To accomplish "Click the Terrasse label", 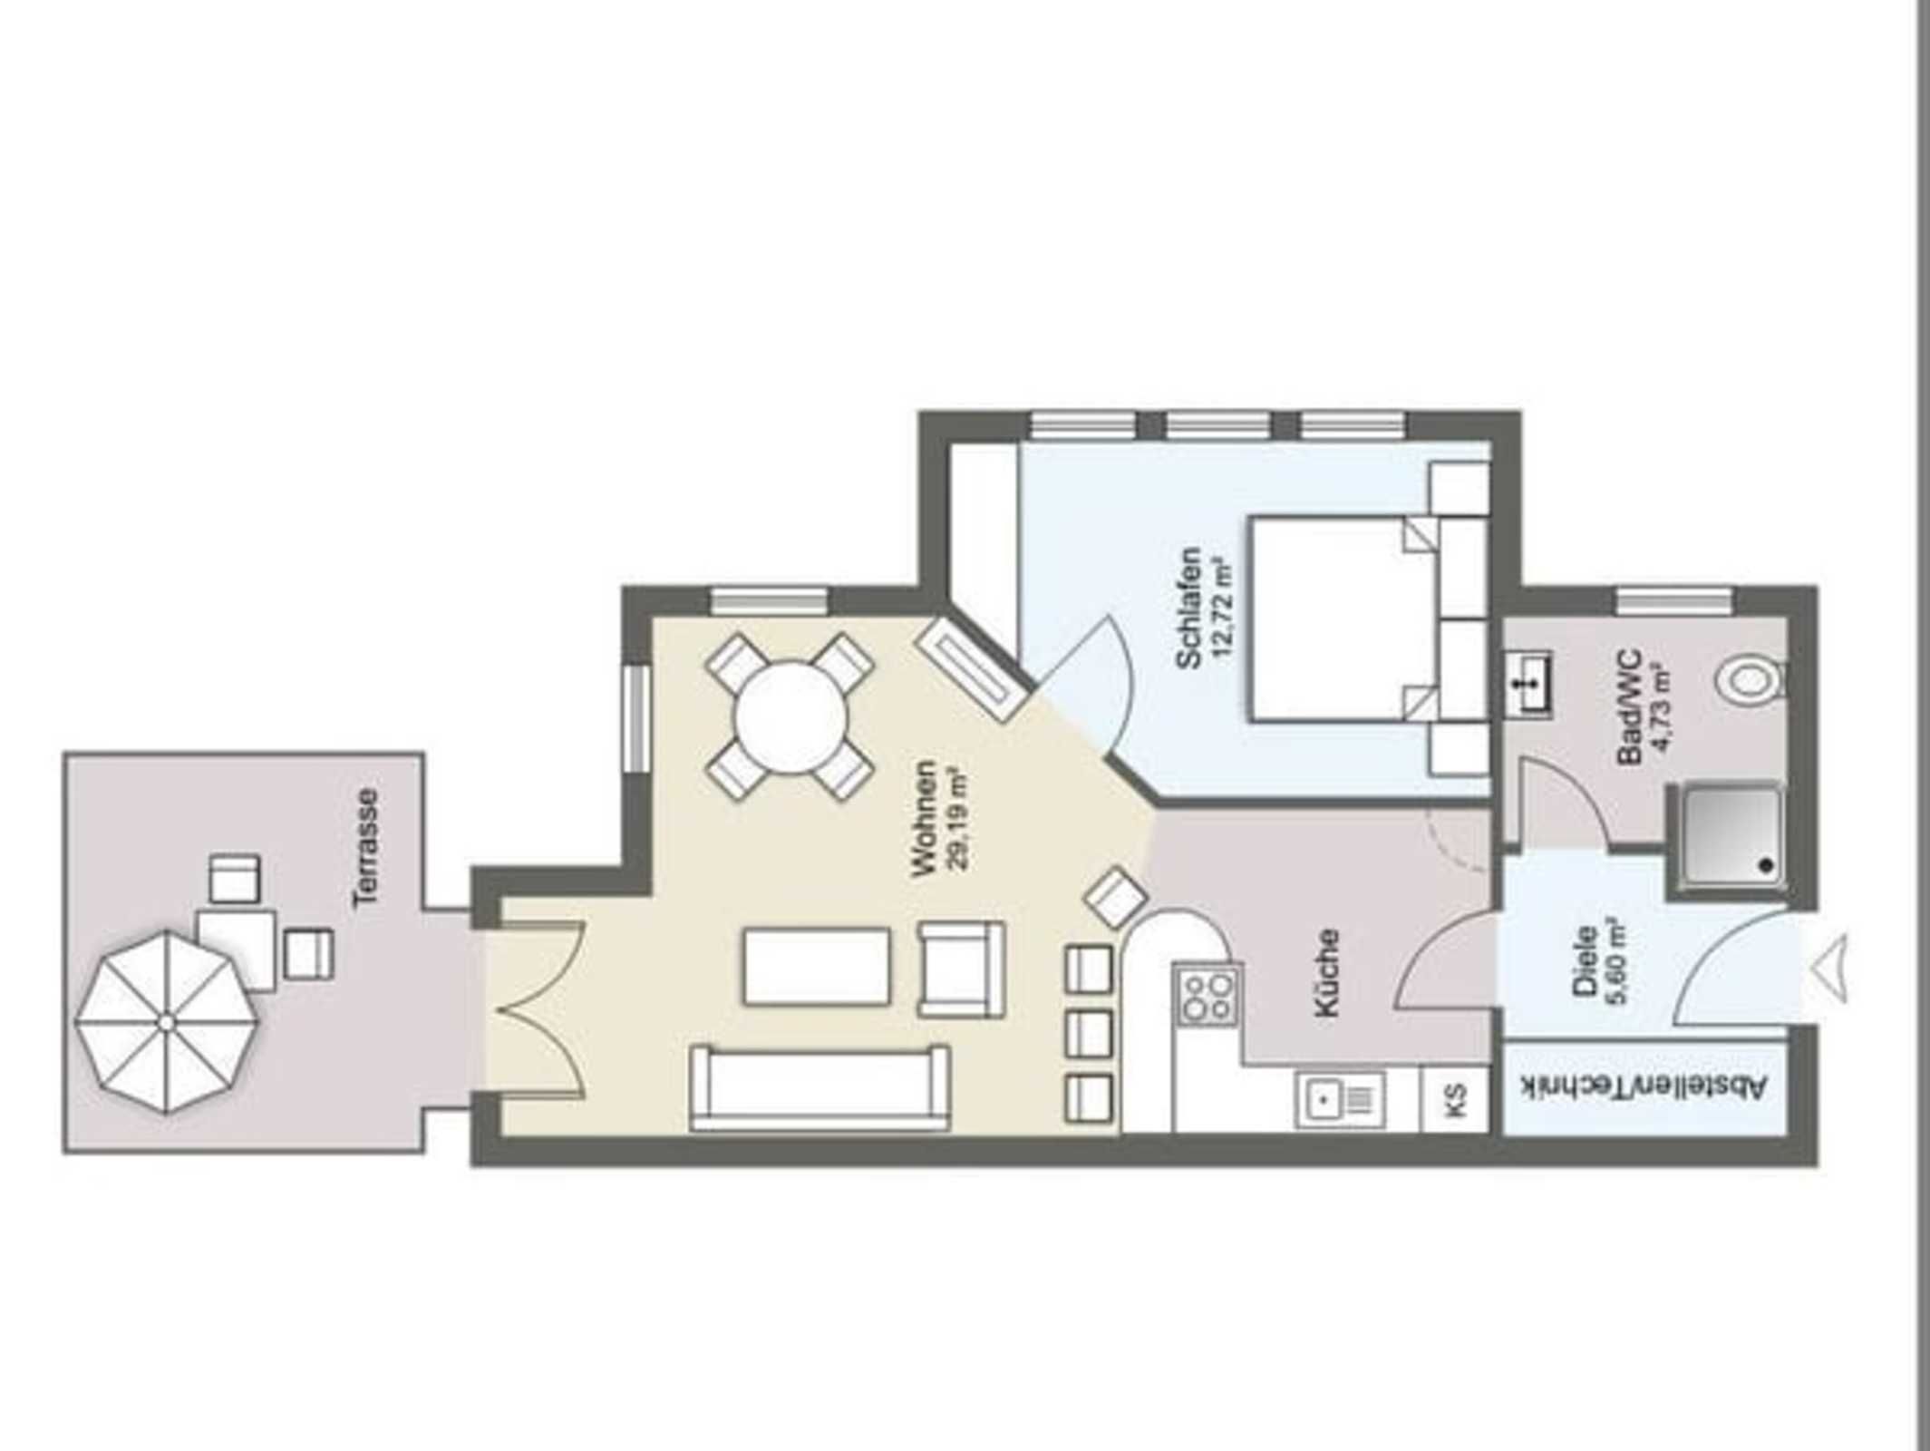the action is click(367, 847).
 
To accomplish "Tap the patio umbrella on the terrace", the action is click(167, 1022).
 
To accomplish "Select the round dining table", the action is click(790, 716).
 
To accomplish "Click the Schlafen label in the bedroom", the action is click(1188, 608).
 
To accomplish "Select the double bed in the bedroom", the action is click(1342, 619).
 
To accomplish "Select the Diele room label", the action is click(1586, 961).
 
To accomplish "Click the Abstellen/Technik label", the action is click(1644, 1086).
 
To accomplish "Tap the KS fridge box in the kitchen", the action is click(1455, 1098).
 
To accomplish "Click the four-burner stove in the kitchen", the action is click(1208, 995).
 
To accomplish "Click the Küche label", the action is click(1326, 971).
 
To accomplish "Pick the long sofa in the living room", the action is click(820, 1087).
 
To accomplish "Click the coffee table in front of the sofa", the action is click(816, 966).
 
